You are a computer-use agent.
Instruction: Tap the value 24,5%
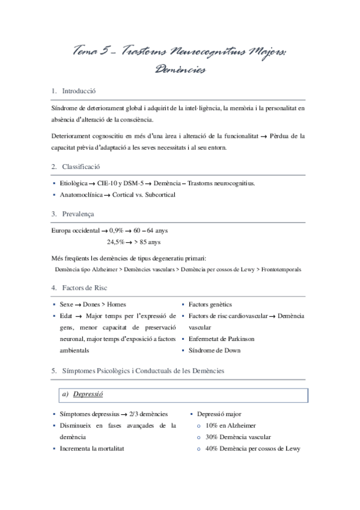click(x=116, y=242)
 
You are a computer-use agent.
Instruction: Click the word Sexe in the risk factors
click(x=67, y=305)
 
